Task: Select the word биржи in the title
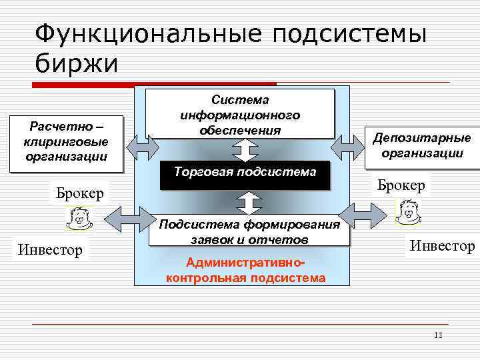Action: coord(76,64)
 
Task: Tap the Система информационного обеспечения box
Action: coord(240,114)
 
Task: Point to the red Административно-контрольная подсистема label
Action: coord(246,269)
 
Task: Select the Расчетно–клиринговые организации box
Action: coord(66,141)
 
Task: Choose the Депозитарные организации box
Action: coord(422,145)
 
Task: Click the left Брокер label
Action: coord(80,194)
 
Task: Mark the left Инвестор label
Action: coord(50,250)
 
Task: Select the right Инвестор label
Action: coord(442,246)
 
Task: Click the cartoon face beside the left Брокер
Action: coord(79,217)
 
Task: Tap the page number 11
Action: coord(437,335)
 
